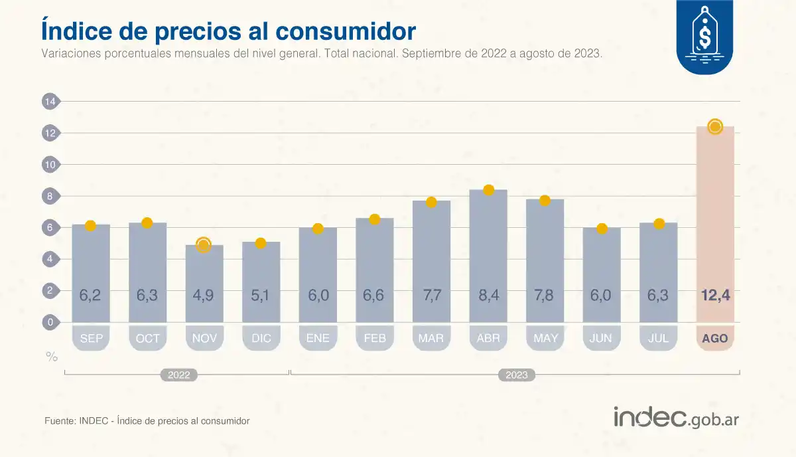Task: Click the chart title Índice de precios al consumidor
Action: point(228,31)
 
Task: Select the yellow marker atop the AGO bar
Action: point(714,127)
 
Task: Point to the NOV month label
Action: point(204,338)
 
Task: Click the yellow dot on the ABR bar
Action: point(489,190)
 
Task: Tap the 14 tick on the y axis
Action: point(50,102)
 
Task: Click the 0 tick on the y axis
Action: point(50,323)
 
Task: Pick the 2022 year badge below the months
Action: point(178,375)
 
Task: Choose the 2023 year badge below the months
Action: point(517,375)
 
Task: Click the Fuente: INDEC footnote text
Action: point(147,420)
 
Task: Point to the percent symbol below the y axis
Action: point(51,357)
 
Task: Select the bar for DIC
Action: point(261,282)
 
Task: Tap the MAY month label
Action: point(545,338)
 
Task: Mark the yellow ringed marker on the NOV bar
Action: point(204,244)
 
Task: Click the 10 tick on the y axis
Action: point(50,165)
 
